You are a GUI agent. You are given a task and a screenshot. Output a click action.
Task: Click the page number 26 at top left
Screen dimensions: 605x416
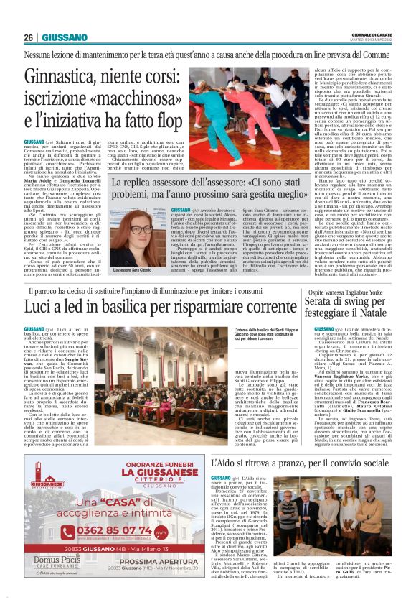pyautogui.click(x=28, y=37)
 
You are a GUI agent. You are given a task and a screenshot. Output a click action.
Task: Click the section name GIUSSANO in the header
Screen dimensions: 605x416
pyautogui.click(x=65, y=37)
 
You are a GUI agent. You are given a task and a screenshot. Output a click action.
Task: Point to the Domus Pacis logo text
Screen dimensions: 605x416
pyautogui.click(x=58, y=577)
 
